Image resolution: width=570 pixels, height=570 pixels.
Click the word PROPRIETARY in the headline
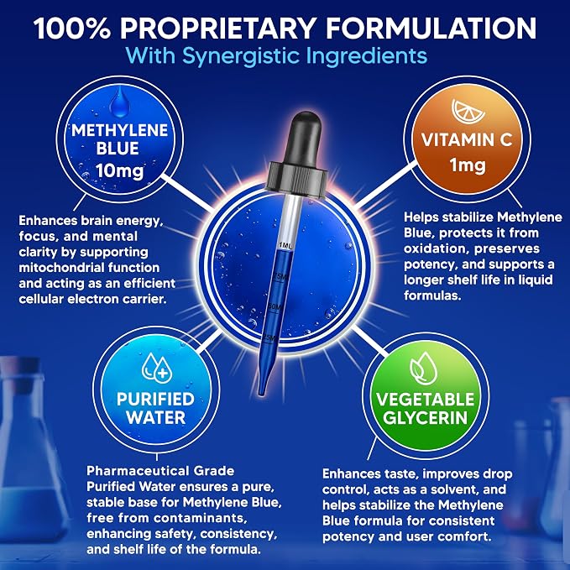218,29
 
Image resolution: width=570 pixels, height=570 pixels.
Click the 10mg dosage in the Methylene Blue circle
119,170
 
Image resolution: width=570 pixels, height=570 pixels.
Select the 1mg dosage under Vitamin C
468,165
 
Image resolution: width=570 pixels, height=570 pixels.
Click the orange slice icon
468,112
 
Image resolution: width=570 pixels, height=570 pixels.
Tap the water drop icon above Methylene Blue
119,102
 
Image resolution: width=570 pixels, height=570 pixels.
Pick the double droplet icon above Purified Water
157,368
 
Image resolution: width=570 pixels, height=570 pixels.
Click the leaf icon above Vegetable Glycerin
423,369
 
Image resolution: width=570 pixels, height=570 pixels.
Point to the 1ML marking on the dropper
285,246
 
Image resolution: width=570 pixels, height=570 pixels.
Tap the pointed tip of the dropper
260,393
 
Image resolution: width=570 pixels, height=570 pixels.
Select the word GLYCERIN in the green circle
426,417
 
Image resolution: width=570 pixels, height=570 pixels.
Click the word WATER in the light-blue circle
155,417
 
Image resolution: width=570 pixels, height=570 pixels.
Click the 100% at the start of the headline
71,29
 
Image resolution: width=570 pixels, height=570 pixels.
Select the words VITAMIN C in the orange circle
467,140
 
